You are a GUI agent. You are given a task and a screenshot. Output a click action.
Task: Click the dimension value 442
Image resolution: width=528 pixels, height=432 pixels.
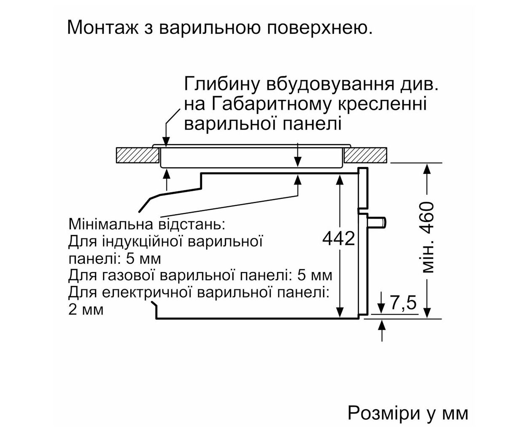pyautogui.click(x=339, y=238)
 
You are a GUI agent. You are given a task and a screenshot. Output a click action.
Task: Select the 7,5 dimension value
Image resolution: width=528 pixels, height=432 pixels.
pyautogui.click(x=403, y=303)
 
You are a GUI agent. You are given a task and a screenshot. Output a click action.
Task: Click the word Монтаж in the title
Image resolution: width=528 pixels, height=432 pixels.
pyautogui.click(x=102, y=27)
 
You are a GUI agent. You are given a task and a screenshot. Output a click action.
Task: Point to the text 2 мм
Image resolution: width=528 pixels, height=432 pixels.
pyautogui.click(x=86, y=310)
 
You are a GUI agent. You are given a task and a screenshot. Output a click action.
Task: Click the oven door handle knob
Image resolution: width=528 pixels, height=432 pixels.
pyautogui.click(x=377, y=223)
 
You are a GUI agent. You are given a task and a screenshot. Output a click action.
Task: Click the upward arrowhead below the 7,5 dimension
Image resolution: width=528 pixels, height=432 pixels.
pyautogui.click(x=382, y=325)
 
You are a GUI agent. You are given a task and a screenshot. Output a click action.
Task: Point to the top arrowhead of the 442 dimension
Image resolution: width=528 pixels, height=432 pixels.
pyautogui.click(x=339, y=180)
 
